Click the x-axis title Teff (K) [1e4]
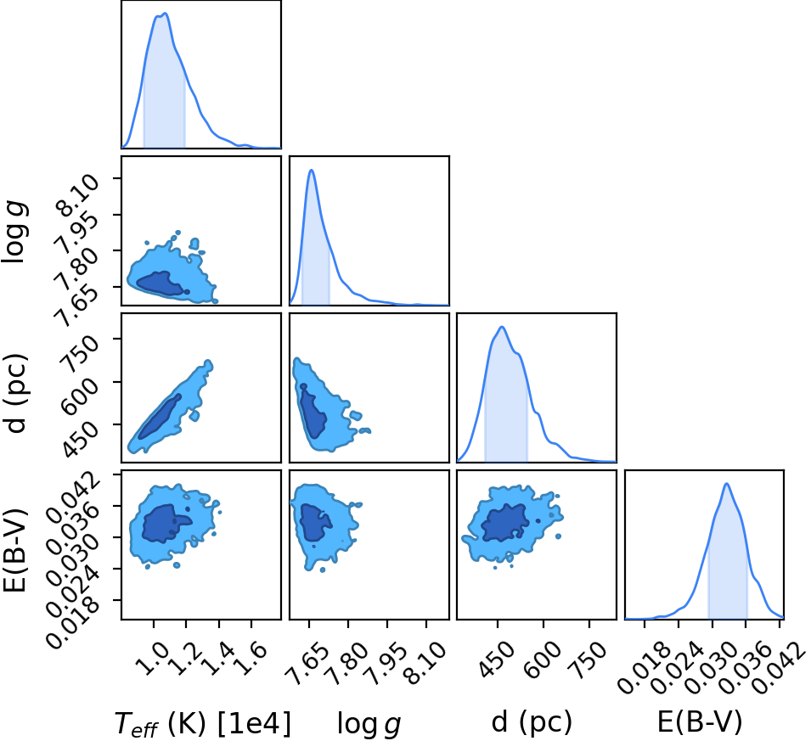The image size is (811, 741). point(203,723)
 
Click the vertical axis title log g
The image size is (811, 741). point(14,233)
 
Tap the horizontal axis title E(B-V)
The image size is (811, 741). point(700,721)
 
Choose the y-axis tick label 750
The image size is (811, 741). point(80,353)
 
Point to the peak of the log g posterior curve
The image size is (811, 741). point(312,170)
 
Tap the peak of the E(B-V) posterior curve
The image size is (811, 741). point(727,484)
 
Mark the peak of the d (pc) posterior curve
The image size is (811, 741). point(502,327)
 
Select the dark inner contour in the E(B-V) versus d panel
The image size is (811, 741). point(504,524)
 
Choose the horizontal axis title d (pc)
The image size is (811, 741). point(532,721)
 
